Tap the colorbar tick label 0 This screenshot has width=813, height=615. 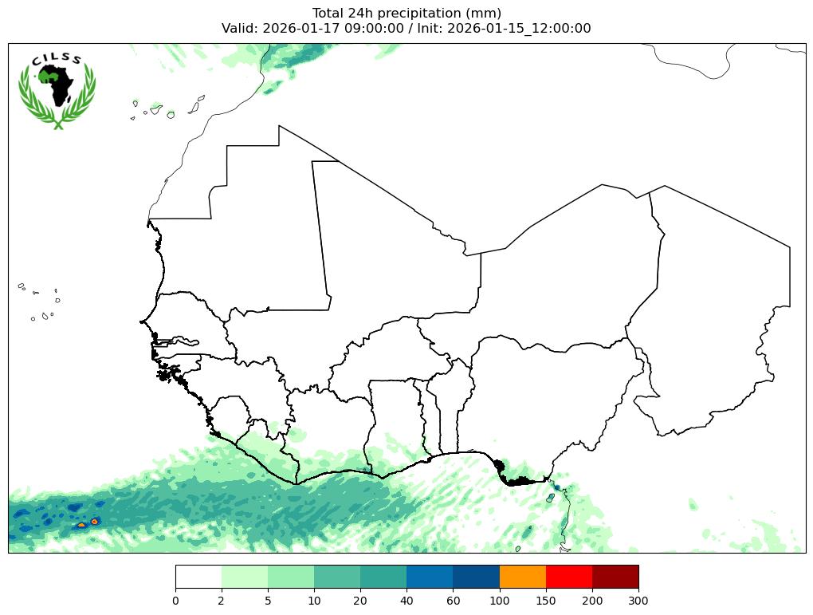point(175,601)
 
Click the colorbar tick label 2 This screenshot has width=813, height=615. point(222,601)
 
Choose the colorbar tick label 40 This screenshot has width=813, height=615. point(406,601)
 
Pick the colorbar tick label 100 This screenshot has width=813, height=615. point(499,601)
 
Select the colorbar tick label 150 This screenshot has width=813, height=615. point(545,601)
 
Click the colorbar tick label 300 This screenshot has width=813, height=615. point(638,601)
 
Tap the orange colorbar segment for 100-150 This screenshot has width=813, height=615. point(522,576)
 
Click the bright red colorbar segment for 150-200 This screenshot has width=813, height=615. point(568,576)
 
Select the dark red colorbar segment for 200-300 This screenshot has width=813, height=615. point(615,576)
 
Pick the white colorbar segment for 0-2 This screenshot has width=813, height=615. point(198,576)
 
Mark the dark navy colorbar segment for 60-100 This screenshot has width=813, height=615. point(476,576)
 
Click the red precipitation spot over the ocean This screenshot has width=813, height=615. point(95,521)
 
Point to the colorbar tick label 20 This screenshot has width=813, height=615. point(360,601)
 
